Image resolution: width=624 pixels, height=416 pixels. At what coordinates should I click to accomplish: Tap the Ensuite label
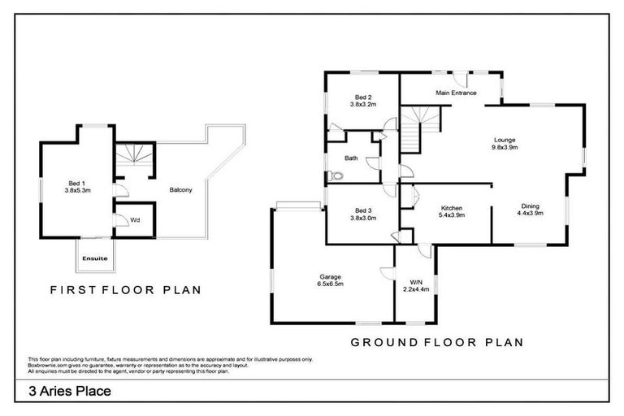click(95, 258)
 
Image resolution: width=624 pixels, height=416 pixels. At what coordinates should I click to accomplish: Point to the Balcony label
click(180, 190)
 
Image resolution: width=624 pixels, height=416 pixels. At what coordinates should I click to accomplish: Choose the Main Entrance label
click(456, 93)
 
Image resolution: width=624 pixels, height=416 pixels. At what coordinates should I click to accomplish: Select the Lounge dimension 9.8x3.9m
click(505, 148)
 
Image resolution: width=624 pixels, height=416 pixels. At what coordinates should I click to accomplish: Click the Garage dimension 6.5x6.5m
click(330, 284)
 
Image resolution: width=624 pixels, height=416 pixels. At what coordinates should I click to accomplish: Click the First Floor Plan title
click(125, 288)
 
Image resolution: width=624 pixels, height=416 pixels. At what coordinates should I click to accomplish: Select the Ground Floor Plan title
click(436, 342)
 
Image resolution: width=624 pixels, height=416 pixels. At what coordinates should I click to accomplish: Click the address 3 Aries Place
click(70, 391)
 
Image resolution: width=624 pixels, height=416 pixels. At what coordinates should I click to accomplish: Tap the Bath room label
click(351, 158)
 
